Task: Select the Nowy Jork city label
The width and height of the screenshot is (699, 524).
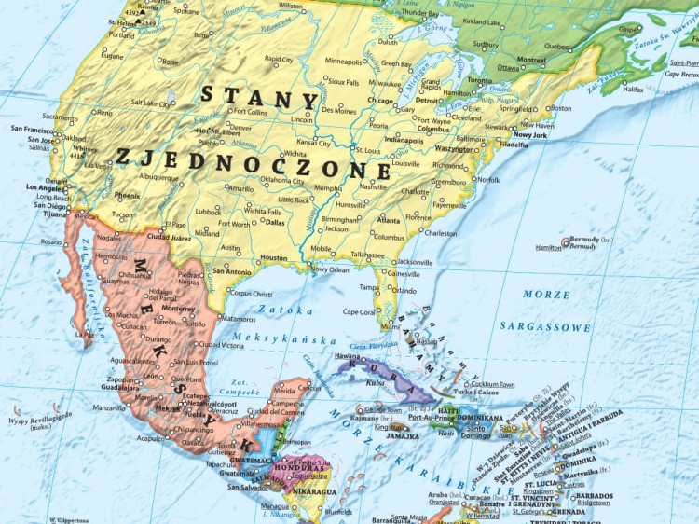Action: coord(530,134)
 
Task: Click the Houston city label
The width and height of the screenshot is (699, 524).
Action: coord(274,257)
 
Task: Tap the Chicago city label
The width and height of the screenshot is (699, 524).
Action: coord(380,99)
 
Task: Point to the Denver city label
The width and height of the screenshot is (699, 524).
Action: coord(240,127)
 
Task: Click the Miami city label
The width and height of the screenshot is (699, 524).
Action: coord(391,327)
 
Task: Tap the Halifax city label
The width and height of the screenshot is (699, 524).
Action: coord(633,89)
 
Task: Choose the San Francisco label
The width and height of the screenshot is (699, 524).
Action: coord(32,129)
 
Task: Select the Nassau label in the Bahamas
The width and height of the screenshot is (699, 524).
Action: coord(429,341)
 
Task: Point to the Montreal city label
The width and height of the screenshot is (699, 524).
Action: coord(531,60)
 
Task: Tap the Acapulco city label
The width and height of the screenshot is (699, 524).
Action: coord(150,436)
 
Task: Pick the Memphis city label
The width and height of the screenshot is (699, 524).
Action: coord(327,187)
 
